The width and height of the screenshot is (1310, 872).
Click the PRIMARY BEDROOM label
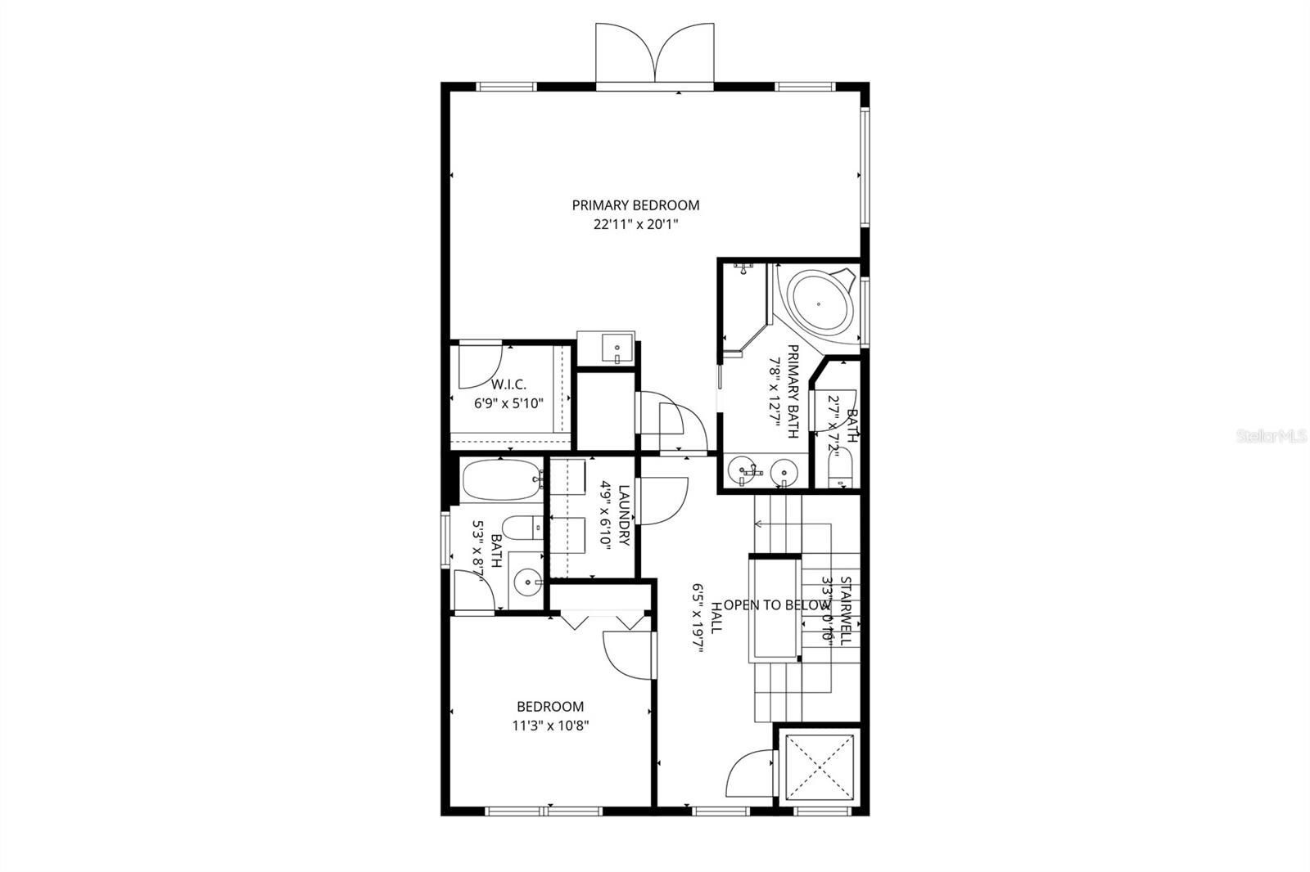coord(635,205)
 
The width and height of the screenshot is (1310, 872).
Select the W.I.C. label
coord(508,384)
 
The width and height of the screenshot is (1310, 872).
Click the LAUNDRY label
coord(624,515)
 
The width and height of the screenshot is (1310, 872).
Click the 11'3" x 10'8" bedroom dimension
coord(551,725)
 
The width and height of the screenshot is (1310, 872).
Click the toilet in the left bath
coord(521,528)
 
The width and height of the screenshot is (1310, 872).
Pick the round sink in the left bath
coord(528,582)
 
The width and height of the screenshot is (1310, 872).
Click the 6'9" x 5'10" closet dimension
coord(508,403)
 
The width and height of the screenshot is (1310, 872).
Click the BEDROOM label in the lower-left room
coord(550,707)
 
